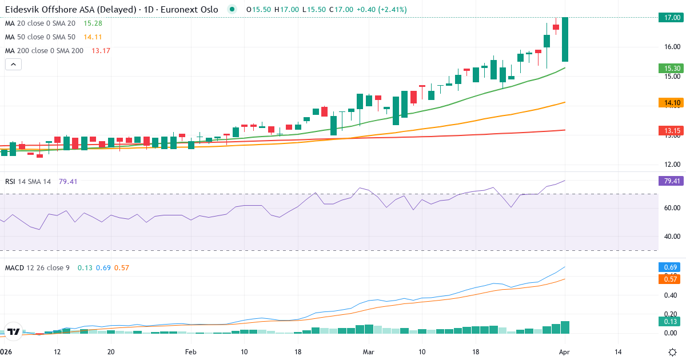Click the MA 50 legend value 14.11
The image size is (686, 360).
point(93,37)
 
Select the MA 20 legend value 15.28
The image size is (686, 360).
point(93,23)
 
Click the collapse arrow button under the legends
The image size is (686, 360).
point(13,65)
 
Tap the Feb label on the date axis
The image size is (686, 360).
point(190,352)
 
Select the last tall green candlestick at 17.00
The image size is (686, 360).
point(565,39)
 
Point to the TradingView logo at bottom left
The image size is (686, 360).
point(14,331)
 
